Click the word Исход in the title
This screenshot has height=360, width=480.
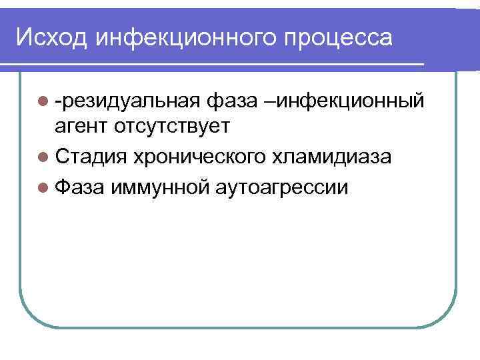[x=51, y=37]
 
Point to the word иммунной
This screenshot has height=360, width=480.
[x=160, y=187]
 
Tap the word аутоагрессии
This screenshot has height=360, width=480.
[x=281, y=187]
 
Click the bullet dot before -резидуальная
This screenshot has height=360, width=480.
[x=44, y=102]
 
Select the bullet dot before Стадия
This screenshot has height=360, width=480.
[x=44, y=157]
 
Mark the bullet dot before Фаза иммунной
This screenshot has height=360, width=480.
[x=44, y=187]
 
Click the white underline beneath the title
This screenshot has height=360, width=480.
[x=213, y=64]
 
